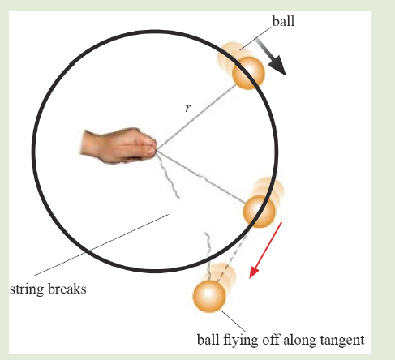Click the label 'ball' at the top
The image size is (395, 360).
coord(283,21)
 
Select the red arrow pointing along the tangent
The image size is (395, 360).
coord(265,250)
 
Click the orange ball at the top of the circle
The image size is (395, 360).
coord(248,73)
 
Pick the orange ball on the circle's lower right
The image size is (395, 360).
coord(260,212)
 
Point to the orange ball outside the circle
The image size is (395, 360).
coord(209,296)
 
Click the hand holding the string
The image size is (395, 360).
coord(118,146)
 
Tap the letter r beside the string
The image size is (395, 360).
coord(188,108)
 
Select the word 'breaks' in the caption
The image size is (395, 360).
coord(67,289)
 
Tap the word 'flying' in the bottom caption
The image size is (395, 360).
coord(240,340)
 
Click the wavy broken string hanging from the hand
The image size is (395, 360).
coord(168,175)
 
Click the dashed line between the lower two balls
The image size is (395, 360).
coord(232,259)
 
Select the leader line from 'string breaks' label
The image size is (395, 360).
coord(101,245)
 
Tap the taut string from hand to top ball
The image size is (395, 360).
coord(196,117)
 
